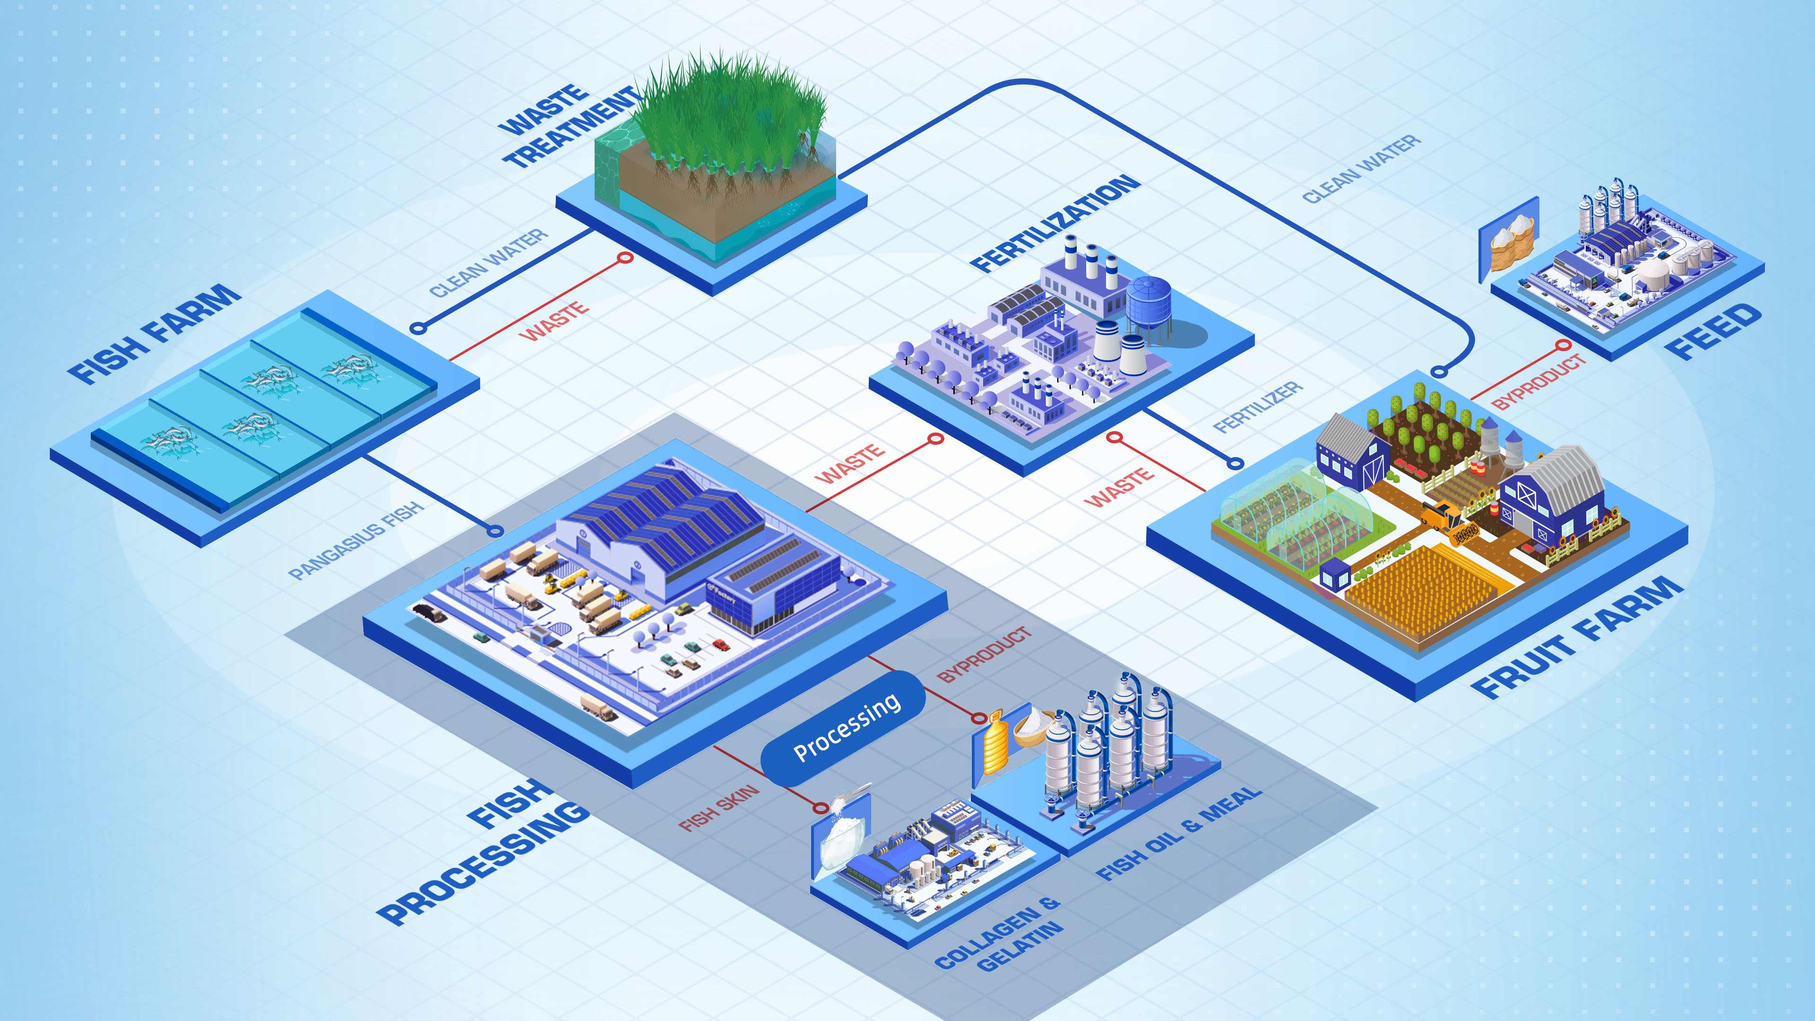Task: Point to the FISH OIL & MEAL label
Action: [1177, 833]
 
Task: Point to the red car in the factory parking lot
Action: [720, 643]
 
